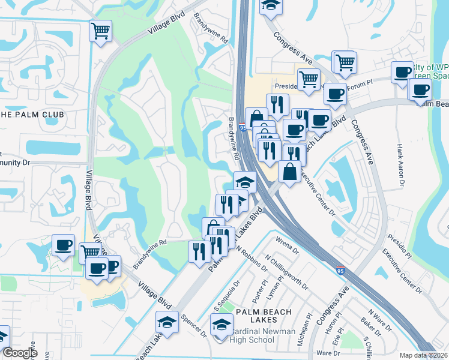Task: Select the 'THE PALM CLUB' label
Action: [29, 115]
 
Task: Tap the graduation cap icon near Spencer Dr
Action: [167, 321]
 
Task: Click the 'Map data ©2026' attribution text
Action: [423, 355]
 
